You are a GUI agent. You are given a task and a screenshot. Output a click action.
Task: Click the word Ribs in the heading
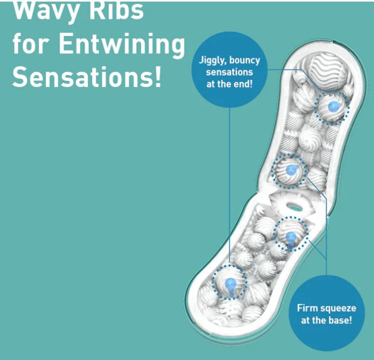(x=116, y=11)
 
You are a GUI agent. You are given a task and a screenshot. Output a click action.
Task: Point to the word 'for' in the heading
(x=32, y=43)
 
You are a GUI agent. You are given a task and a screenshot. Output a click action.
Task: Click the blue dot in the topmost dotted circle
(x=333, y=106)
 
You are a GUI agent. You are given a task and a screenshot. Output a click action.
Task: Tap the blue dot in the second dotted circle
(x=291, y=170)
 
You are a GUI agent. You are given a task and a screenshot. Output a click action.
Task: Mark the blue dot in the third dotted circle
(x=291, y=237)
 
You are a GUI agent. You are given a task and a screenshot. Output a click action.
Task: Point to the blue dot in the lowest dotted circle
(x=230, y=284)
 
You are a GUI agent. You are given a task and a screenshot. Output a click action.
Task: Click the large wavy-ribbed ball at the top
(x=327, y=71)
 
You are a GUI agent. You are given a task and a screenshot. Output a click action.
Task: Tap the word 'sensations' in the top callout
(x=229, y=72)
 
